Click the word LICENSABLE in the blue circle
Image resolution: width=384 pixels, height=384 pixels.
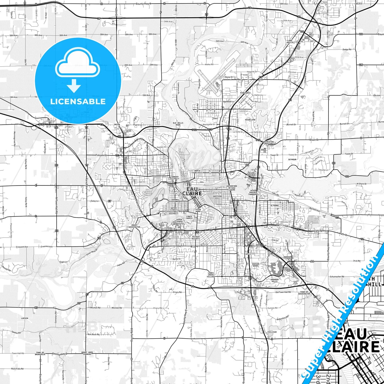point(78,101)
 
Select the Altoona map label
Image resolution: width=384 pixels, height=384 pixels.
point(275,206)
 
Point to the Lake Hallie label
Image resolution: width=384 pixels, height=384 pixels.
point(290,41)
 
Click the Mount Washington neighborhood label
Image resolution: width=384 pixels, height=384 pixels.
point(134,226)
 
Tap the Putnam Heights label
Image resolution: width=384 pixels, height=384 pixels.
point(196,238)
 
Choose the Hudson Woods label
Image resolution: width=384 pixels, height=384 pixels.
point(255,265)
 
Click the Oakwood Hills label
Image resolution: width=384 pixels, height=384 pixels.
point(275,280)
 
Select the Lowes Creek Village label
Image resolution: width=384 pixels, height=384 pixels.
point(211,275)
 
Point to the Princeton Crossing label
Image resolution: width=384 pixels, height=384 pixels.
point(268,143)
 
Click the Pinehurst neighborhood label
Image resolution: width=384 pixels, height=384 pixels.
point(245,93)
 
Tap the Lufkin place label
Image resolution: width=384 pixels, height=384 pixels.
point(24,318)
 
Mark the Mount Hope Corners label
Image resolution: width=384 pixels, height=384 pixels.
point(87,353)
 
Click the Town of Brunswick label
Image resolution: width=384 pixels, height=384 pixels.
point(40,353)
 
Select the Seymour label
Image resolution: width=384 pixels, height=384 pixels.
point(292,159)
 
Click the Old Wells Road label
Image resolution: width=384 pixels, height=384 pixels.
point(178,124)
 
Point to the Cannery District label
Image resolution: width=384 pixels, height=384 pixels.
point(174,178)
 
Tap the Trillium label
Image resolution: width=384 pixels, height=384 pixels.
point(272,332)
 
